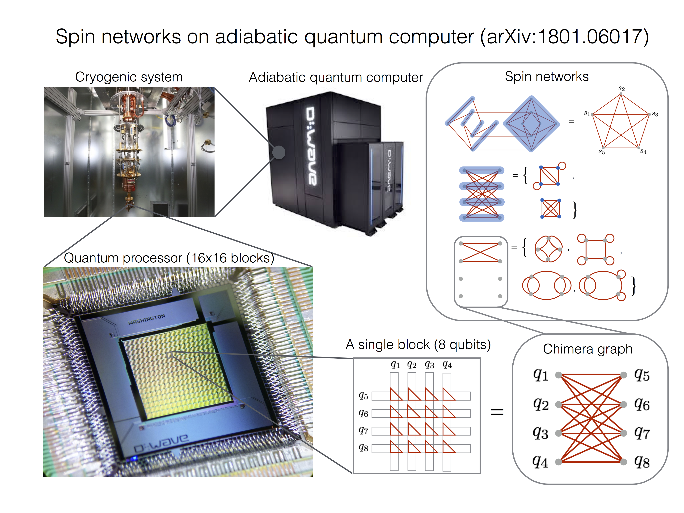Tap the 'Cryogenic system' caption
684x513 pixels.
pos(129,77)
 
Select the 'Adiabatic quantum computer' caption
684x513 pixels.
pos(336,77)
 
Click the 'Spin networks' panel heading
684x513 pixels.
pos(547,76)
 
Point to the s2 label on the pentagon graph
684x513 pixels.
pos(621,89)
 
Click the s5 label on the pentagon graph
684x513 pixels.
pos(601,152)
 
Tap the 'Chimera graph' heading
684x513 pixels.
pos(587,349)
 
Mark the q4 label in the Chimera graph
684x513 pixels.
pos(540,462)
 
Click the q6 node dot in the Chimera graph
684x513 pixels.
pos(624,404)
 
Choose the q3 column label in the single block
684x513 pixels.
pos(429,365)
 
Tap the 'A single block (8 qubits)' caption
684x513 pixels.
pos(418,345)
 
